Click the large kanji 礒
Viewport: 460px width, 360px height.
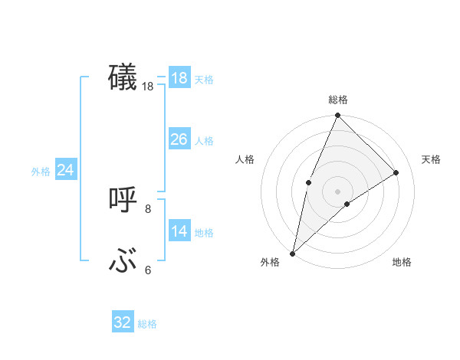[x=123, y=78]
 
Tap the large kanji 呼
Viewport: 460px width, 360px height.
[x=123, y=200]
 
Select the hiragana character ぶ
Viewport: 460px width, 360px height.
[x=123, y=262]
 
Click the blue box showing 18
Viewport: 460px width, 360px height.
[x=179, y=78]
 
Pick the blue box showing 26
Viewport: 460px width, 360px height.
[x=179, y=139]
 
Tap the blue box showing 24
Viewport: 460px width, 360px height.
[x=66, y=170]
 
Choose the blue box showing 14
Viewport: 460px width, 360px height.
[x=179, y=231]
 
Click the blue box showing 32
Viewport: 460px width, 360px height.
[x=123, y=322]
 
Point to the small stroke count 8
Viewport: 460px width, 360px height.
[x=148, y=208]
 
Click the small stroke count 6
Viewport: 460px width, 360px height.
[x=148, y=270]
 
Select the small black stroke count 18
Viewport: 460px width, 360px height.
[x=148, y=87]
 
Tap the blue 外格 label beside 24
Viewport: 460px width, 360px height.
[x=41, y=172]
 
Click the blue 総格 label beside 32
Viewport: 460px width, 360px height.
[x=147, y=324]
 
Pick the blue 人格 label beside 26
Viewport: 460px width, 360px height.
[x=204, y=141]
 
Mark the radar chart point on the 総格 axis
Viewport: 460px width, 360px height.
[x=337, y=116]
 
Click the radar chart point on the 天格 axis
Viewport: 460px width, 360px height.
[x=396, y=172]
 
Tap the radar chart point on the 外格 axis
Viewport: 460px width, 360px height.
[x=292, y=254]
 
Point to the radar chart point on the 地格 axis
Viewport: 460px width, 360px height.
[x=347, y=204]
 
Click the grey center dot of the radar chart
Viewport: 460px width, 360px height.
[x=337, y=191]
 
